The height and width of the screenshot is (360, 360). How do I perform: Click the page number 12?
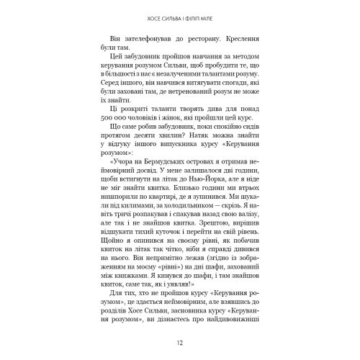click(179, 342)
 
